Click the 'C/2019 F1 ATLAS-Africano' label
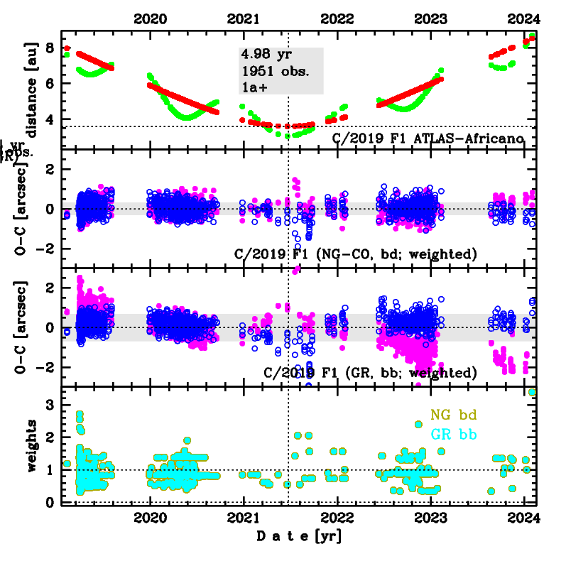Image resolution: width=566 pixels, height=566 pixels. pyautogui.click(x=428, y=137)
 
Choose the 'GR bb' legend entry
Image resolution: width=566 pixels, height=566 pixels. pyautogui.click(x=452, y=432)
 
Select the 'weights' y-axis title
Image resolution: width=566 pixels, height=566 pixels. pyautogui.click(x=32, y=445)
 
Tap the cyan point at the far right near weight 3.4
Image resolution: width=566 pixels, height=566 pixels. pyautogui.click(x=533, y=392)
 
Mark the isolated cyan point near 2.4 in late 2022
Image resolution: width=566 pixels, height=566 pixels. pyautogui.click(x=419, y=425)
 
